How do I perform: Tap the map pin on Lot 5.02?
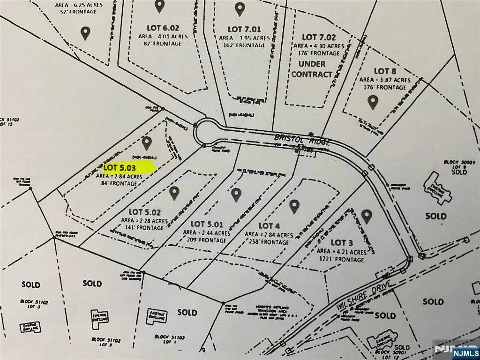click(174, 192)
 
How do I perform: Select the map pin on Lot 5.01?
click(235, 194)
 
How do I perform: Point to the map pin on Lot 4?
click(294, 205)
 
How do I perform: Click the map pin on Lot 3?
click(367, 216)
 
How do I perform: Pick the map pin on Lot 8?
click(373, 102)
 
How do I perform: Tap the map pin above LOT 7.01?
click(240, 8)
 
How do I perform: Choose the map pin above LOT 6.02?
click(159, 6)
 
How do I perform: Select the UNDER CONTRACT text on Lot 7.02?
click(312, 69)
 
